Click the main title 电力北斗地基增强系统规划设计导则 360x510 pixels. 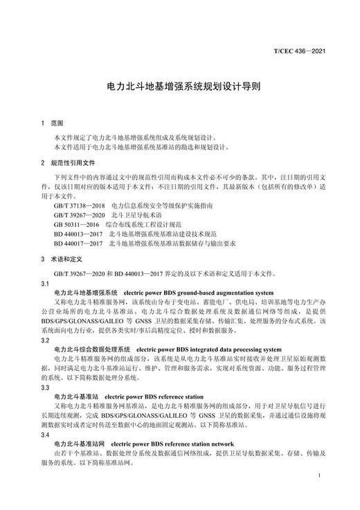[x=180, y=89]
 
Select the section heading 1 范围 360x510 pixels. [x=52, y=123]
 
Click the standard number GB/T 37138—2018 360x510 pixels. [x=78, y=206]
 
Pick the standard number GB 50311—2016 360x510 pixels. [x=75, y=225]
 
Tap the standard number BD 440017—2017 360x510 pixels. [x=78, y=244]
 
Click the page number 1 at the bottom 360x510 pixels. [x=318, y=477]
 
